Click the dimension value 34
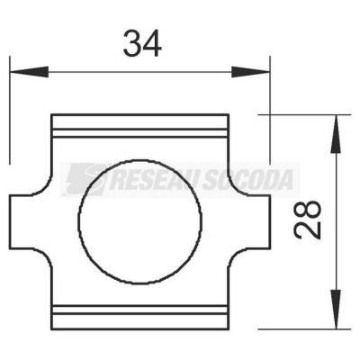click(142, 44)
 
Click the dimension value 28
click(308, 220)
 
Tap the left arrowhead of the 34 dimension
click(29, 72)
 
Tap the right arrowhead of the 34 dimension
click(251, 72)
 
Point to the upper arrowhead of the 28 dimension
click(336, 134)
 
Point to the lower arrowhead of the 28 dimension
click(336, 310)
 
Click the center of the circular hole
click(140, 221)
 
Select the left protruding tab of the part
click(30, 222)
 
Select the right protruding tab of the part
click(250, 222)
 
